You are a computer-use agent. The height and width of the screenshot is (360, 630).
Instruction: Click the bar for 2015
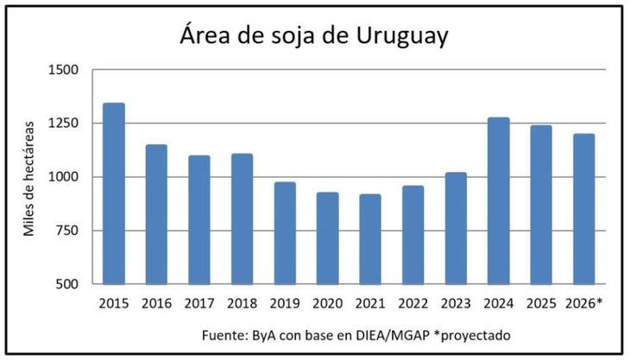click(114, 193)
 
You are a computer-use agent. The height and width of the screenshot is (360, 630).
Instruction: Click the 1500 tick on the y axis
click(61, 70)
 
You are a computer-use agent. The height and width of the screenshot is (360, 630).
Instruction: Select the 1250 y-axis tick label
click(61, 123)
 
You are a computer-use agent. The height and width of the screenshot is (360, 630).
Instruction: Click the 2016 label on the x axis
click(156, 304)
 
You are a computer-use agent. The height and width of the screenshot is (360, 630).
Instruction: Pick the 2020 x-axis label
click(327, 304)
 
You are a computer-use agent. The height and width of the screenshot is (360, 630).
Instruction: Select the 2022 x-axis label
click(413, 304)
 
